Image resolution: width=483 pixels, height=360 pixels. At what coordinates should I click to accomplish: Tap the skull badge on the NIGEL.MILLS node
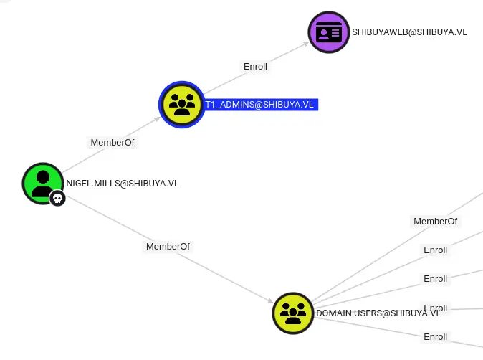58,199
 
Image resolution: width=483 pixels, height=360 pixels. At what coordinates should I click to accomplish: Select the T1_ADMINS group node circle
182,105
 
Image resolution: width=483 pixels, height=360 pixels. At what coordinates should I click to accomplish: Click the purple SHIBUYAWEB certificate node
329,32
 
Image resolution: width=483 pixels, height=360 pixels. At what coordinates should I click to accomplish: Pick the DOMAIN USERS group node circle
293,313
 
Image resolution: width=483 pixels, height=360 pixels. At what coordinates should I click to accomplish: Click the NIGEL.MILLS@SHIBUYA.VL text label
123,184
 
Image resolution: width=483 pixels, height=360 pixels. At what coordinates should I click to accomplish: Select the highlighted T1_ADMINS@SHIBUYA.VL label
260,105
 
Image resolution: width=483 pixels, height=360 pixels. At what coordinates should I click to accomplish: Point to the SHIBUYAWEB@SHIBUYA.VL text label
409,32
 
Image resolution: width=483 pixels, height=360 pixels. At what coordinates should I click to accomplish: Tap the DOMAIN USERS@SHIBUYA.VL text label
378,313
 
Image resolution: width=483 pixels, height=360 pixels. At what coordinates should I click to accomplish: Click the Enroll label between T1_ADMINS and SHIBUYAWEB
255,67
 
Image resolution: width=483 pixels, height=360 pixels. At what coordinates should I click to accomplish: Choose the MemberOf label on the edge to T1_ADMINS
112,143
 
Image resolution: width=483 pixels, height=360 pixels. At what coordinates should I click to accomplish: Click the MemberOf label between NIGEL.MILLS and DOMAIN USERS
168,247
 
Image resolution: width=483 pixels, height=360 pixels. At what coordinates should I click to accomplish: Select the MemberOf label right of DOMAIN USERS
435,222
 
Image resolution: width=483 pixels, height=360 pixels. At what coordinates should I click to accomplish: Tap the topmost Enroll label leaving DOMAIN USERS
435,250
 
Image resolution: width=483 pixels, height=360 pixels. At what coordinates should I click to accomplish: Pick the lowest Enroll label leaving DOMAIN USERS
435,337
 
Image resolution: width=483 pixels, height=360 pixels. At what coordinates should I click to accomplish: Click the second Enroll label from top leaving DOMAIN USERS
435,279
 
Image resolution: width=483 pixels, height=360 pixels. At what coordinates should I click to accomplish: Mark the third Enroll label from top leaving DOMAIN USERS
435,308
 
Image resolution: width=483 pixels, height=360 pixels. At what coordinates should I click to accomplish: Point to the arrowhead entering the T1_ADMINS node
158,118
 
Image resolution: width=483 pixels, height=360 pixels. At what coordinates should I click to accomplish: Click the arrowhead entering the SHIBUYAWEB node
305,42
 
